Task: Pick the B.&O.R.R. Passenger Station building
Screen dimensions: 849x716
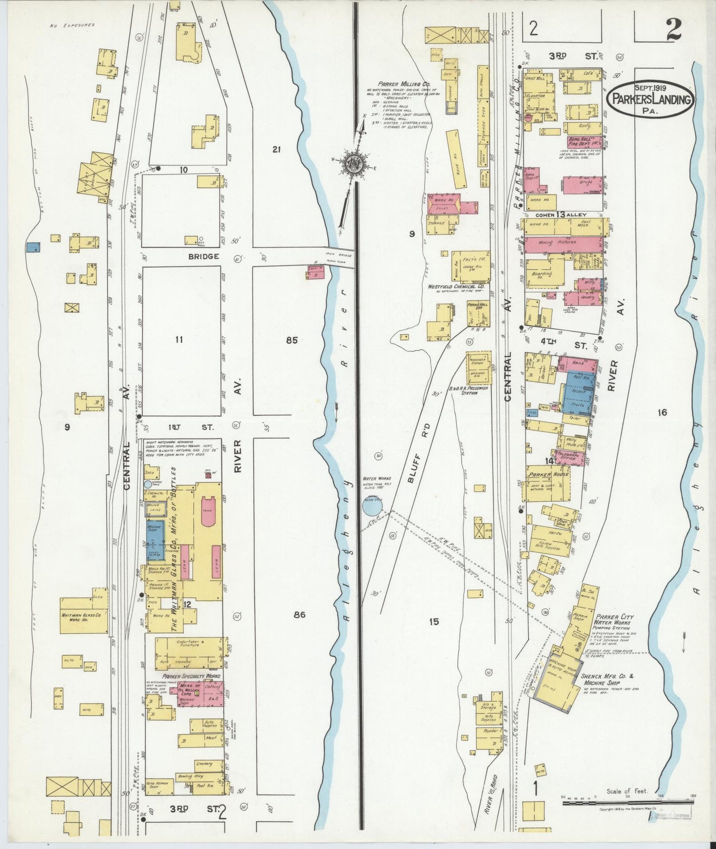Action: coord(478,369)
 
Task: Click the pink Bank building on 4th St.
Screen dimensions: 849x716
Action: coord(576,363)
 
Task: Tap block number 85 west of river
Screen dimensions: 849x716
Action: coord(292,340)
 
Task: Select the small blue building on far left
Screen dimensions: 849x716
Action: coord(33,247)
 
